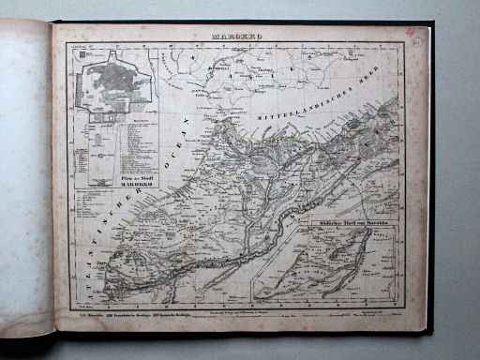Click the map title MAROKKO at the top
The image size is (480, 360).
click(x=242, y=39)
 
